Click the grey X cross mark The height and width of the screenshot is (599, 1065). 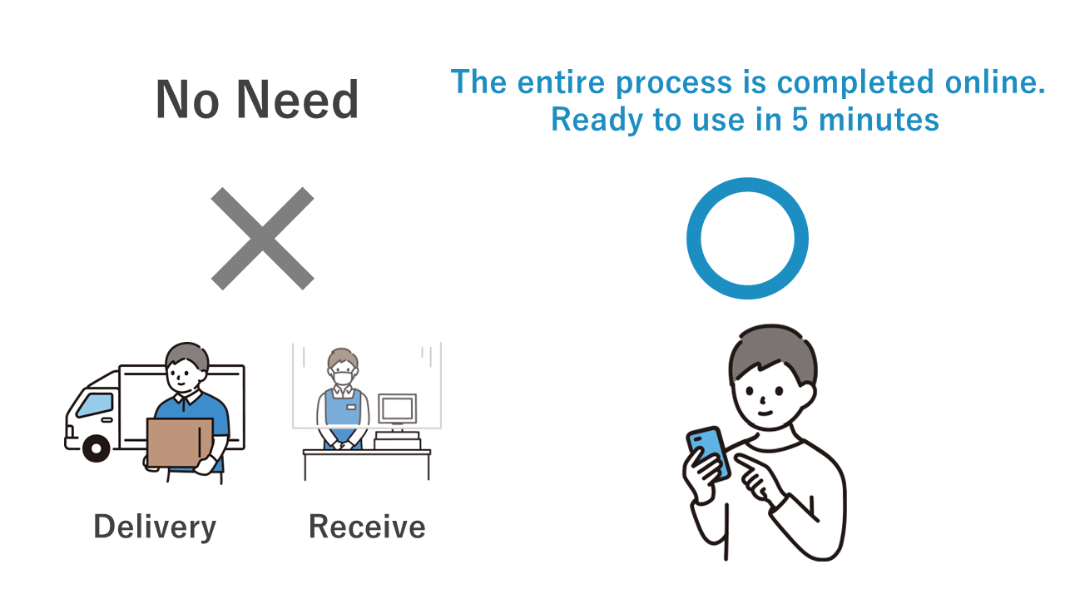coord(262,238)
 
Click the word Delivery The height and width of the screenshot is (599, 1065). coord(155,527)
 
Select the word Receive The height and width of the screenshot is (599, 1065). coord(367,527)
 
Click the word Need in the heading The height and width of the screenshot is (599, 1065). coord(297,100)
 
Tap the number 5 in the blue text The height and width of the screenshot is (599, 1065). coord(800,119)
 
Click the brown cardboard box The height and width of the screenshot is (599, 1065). coord(180,442)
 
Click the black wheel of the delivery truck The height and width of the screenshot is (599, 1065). coord(97,448)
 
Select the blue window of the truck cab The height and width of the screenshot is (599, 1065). coord(95,405)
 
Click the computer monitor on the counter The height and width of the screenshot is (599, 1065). coord(398,408)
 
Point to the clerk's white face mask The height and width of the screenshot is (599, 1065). coord(343,379)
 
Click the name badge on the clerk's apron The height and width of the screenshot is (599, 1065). coord(351,407)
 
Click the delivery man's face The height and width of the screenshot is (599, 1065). coord(184,375)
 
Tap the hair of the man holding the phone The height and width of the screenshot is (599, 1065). coord(773,353)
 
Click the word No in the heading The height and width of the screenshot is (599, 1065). coord(187,100)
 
